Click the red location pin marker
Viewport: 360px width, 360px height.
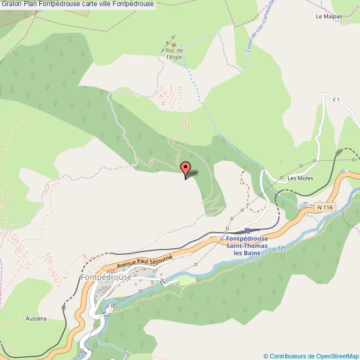[186, 168]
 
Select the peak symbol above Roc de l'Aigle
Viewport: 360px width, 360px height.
[173, 44]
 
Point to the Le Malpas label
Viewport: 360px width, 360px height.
[329, 17]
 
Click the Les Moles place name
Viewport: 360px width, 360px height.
[300, 178]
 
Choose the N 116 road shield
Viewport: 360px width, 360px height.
[325, 207]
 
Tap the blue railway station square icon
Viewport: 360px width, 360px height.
[247, 230]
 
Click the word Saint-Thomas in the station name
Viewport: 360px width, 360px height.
[247, 246]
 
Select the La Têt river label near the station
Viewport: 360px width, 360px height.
[276, 250]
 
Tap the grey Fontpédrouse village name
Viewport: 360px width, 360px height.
[106, 277]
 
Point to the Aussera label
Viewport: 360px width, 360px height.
[35, 319]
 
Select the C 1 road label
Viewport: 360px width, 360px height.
[336, 100]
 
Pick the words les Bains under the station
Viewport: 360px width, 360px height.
[247, 253]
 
